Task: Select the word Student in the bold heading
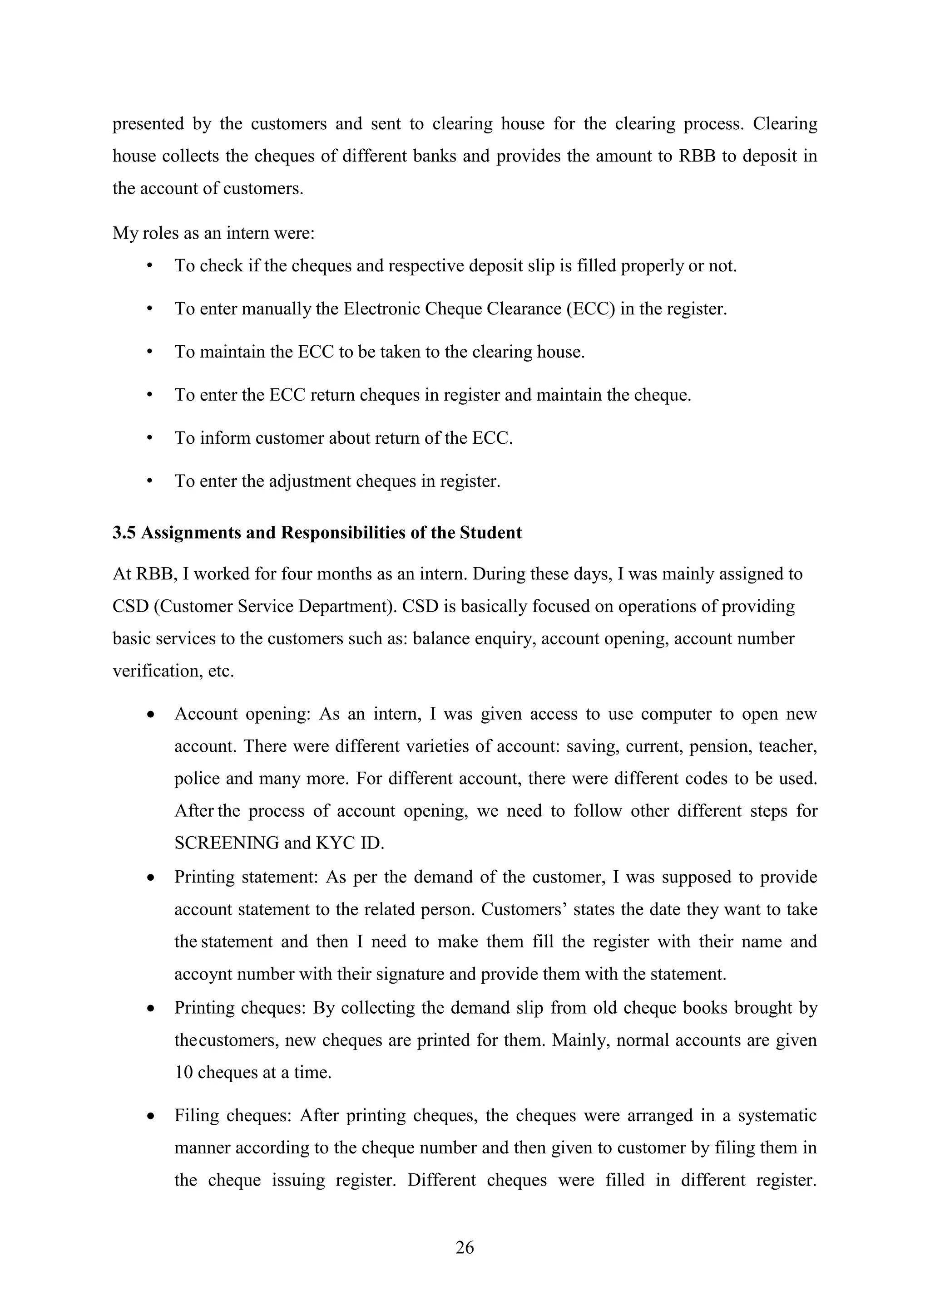coord(491,533)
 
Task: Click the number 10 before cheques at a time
coord(183,1073)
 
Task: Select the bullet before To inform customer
coord(150,438)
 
